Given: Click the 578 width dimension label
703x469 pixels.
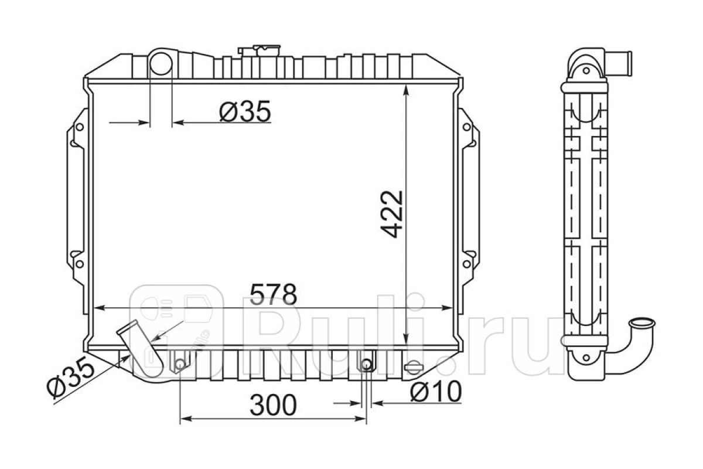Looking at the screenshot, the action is click(273, 294).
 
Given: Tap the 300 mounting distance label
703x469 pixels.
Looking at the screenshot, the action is click(273, 405).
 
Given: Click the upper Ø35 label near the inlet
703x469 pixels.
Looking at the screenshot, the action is click(245, 111).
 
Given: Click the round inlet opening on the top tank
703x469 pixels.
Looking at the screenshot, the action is click(161, 63).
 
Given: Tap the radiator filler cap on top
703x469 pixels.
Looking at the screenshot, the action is click(259, 50).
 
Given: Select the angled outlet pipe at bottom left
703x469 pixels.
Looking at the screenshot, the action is click(140, 348).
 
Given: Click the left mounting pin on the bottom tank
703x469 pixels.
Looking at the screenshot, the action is click(180, 365).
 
